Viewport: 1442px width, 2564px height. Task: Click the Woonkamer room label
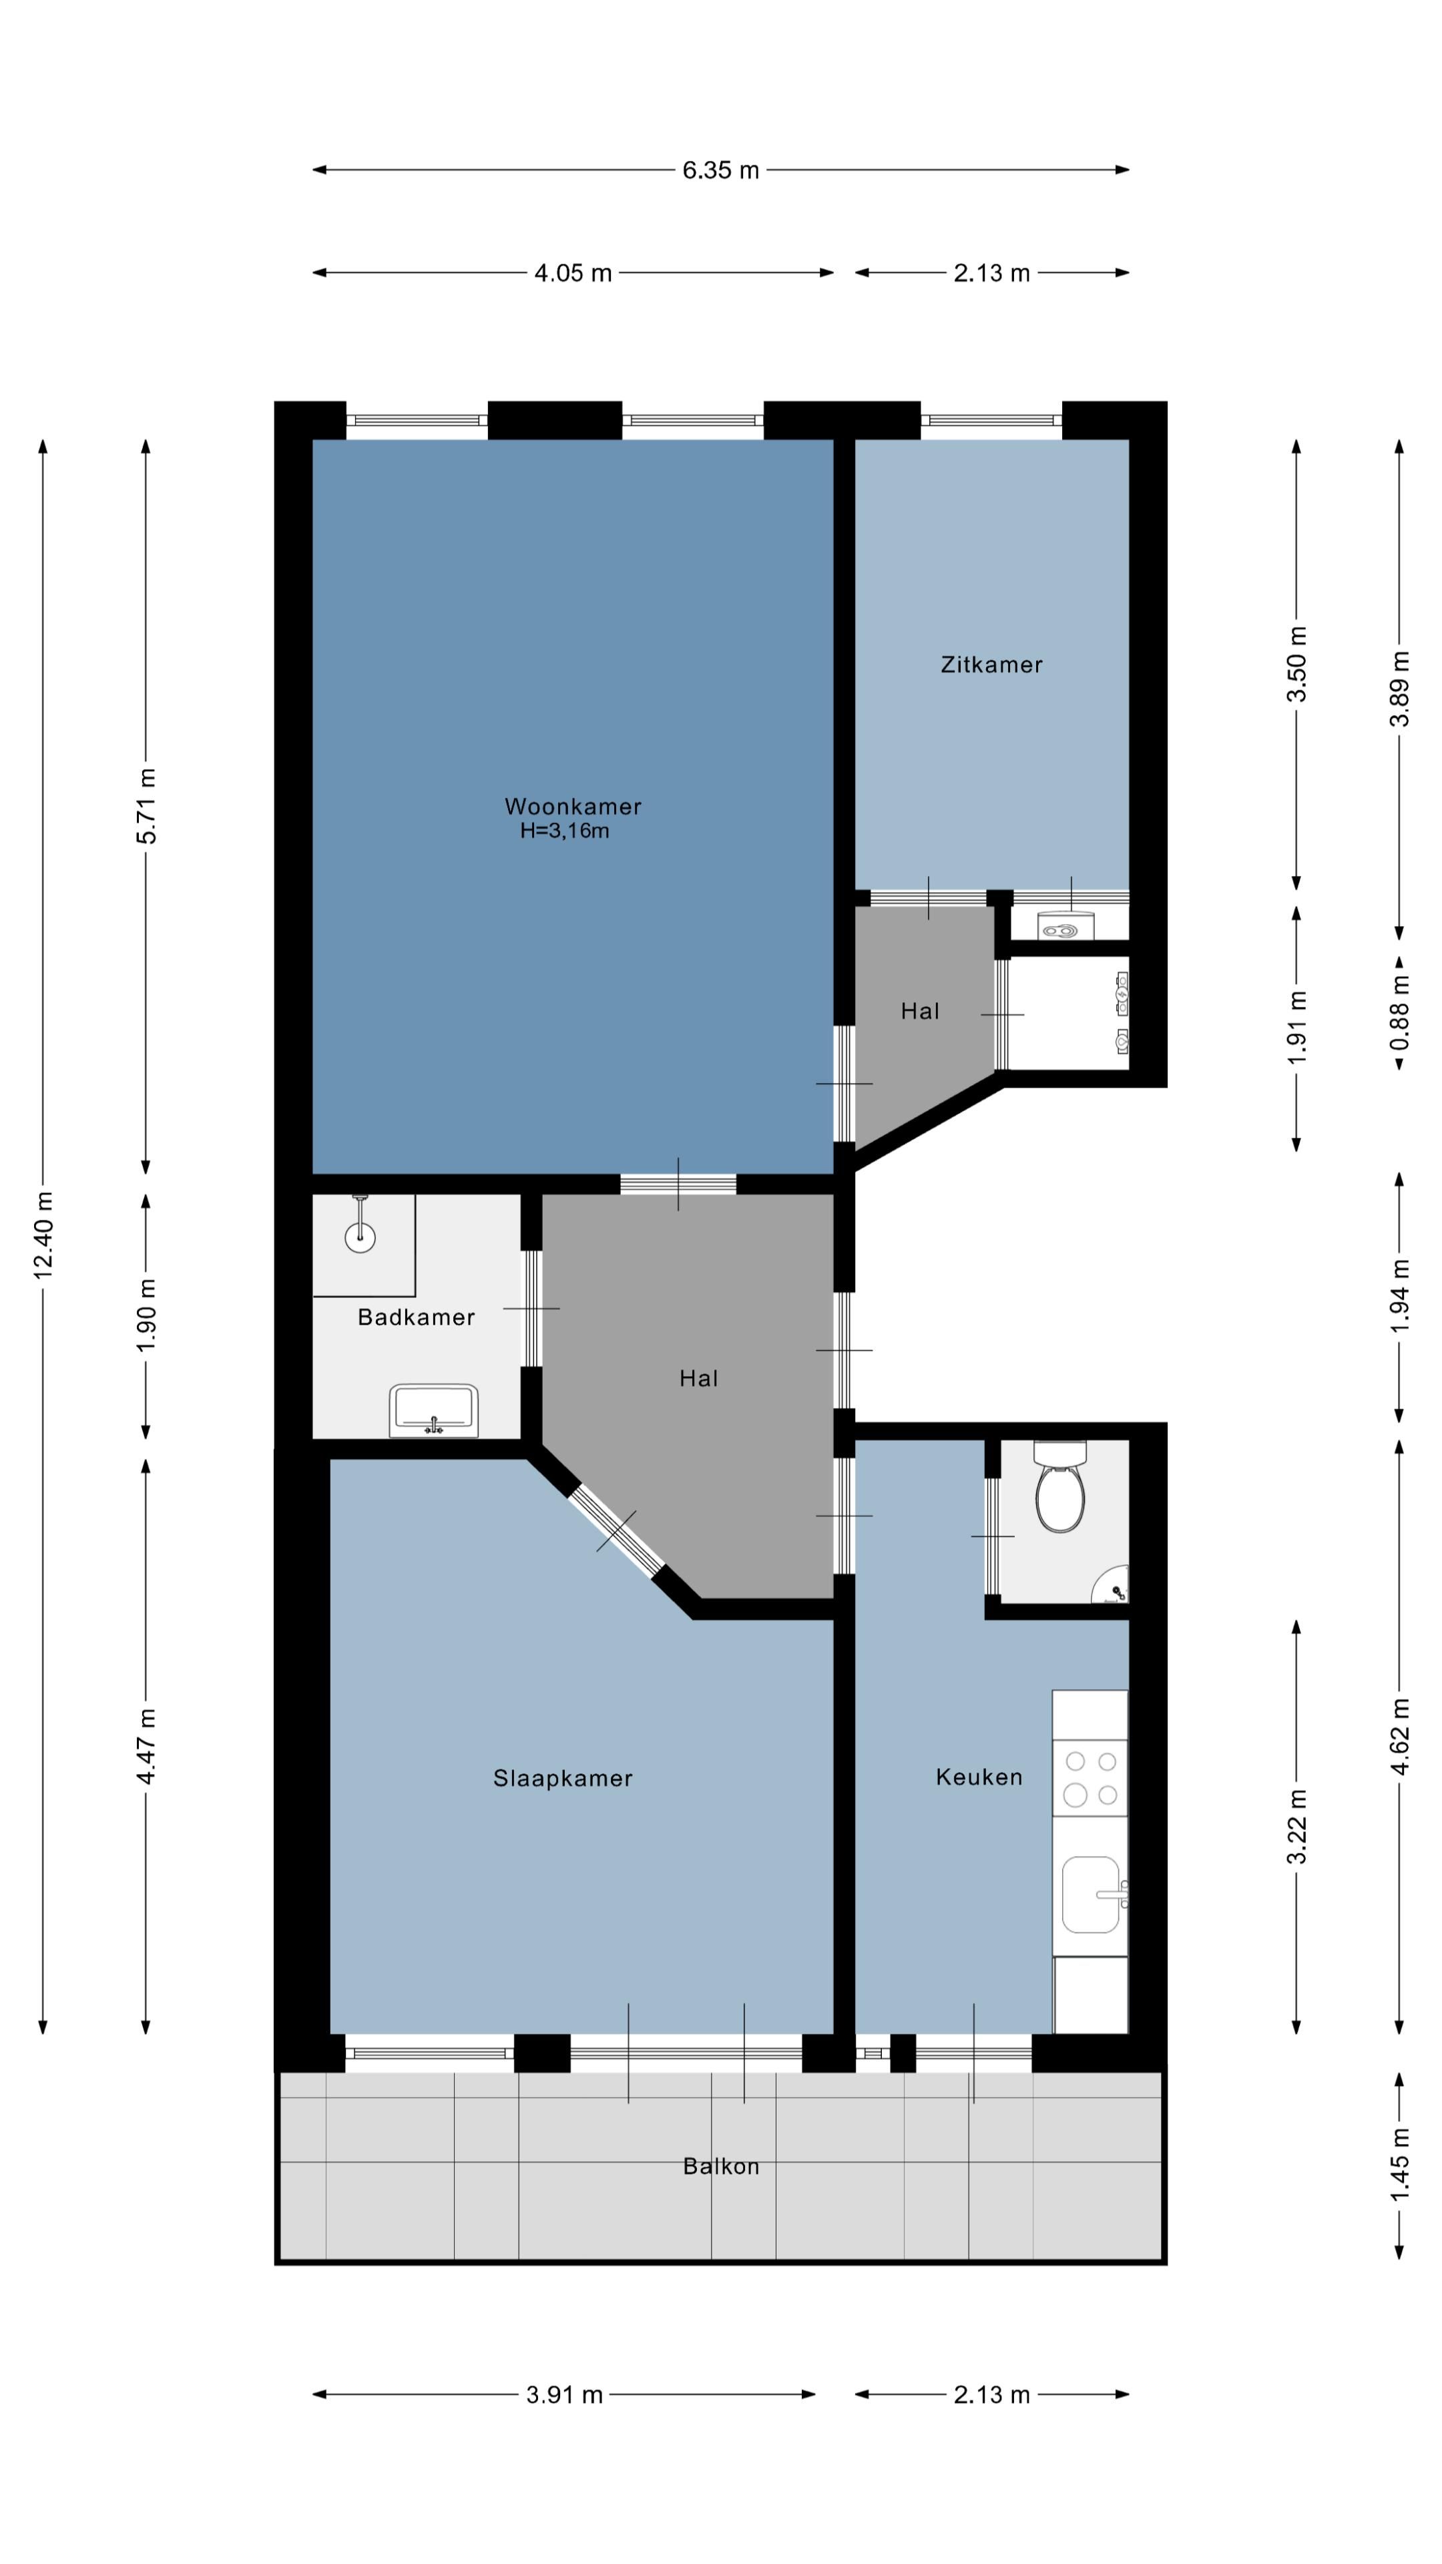[572, 806]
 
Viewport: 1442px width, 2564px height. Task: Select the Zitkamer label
[991, 665]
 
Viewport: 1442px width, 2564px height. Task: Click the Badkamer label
[416, 1317]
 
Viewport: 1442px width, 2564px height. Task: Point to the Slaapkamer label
[562, 1777]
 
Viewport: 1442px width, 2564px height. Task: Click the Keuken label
[978, 1777]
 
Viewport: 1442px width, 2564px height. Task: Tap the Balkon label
[720, 2166]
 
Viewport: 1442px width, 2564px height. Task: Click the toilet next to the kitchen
[1060, 1492]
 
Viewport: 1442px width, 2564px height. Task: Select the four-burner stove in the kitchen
[1091, 1777]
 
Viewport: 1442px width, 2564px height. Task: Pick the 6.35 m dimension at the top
[720, 170]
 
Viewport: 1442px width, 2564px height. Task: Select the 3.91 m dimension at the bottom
[564, 2395]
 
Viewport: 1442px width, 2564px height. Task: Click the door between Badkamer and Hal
[533, 1308]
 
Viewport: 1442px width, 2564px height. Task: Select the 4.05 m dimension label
[572, 272]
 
